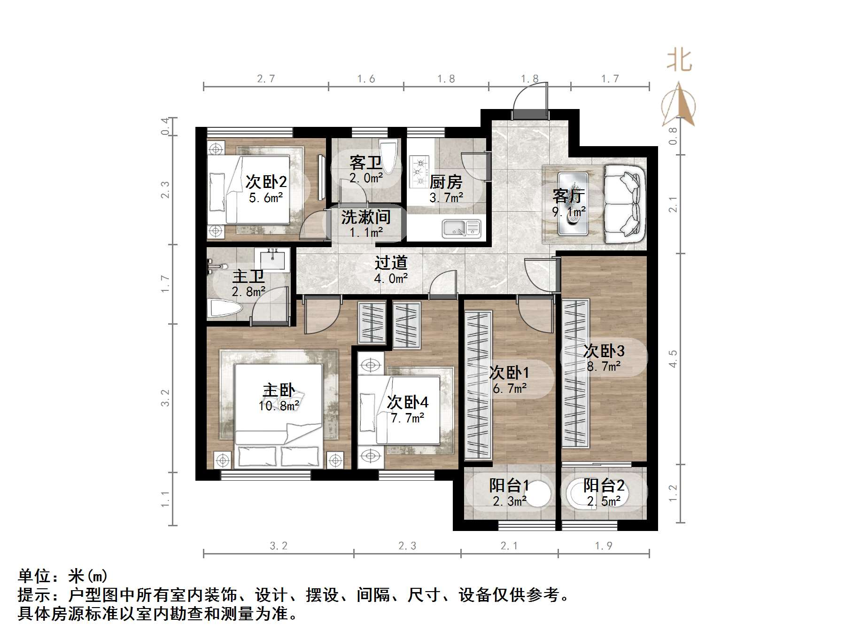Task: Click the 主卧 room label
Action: pos(279,390)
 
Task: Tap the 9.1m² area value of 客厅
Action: pos(569,212)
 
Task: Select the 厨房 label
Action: pos(446,182)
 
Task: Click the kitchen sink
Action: pos(461,228)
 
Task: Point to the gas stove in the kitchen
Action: pos(419,171)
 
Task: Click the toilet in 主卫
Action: pos(225,309)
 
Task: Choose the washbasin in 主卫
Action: pos(272,259)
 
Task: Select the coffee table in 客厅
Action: pos(573,203)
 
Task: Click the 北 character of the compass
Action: pos(679,61)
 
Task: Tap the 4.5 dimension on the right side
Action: pos(673,359)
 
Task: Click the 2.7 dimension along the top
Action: pos(266,79)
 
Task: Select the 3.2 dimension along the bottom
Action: pos(279,546)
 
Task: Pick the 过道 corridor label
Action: pos(391,263)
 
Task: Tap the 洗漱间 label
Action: pos(366,217)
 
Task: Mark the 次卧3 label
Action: pos(604,351)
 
